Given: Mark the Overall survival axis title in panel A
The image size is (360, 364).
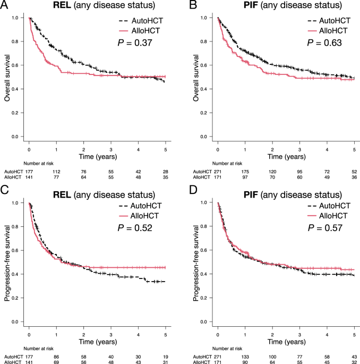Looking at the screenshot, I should [8, 77].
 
